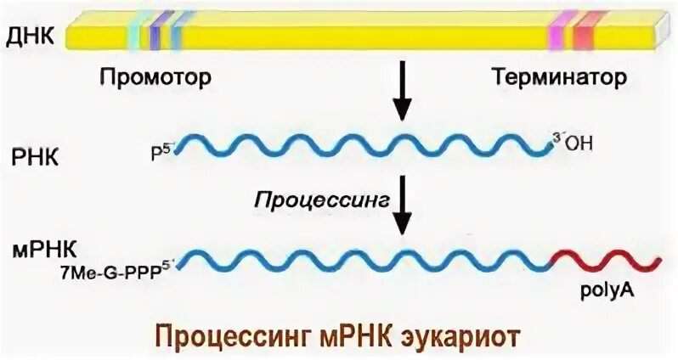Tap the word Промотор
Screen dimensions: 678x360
(154, 78)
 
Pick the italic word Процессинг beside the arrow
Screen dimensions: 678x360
(320, 200)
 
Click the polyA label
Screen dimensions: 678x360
(604, 290)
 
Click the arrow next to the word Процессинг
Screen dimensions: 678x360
(402, 205)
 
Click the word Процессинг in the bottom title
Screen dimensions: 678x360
(218, 334)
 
